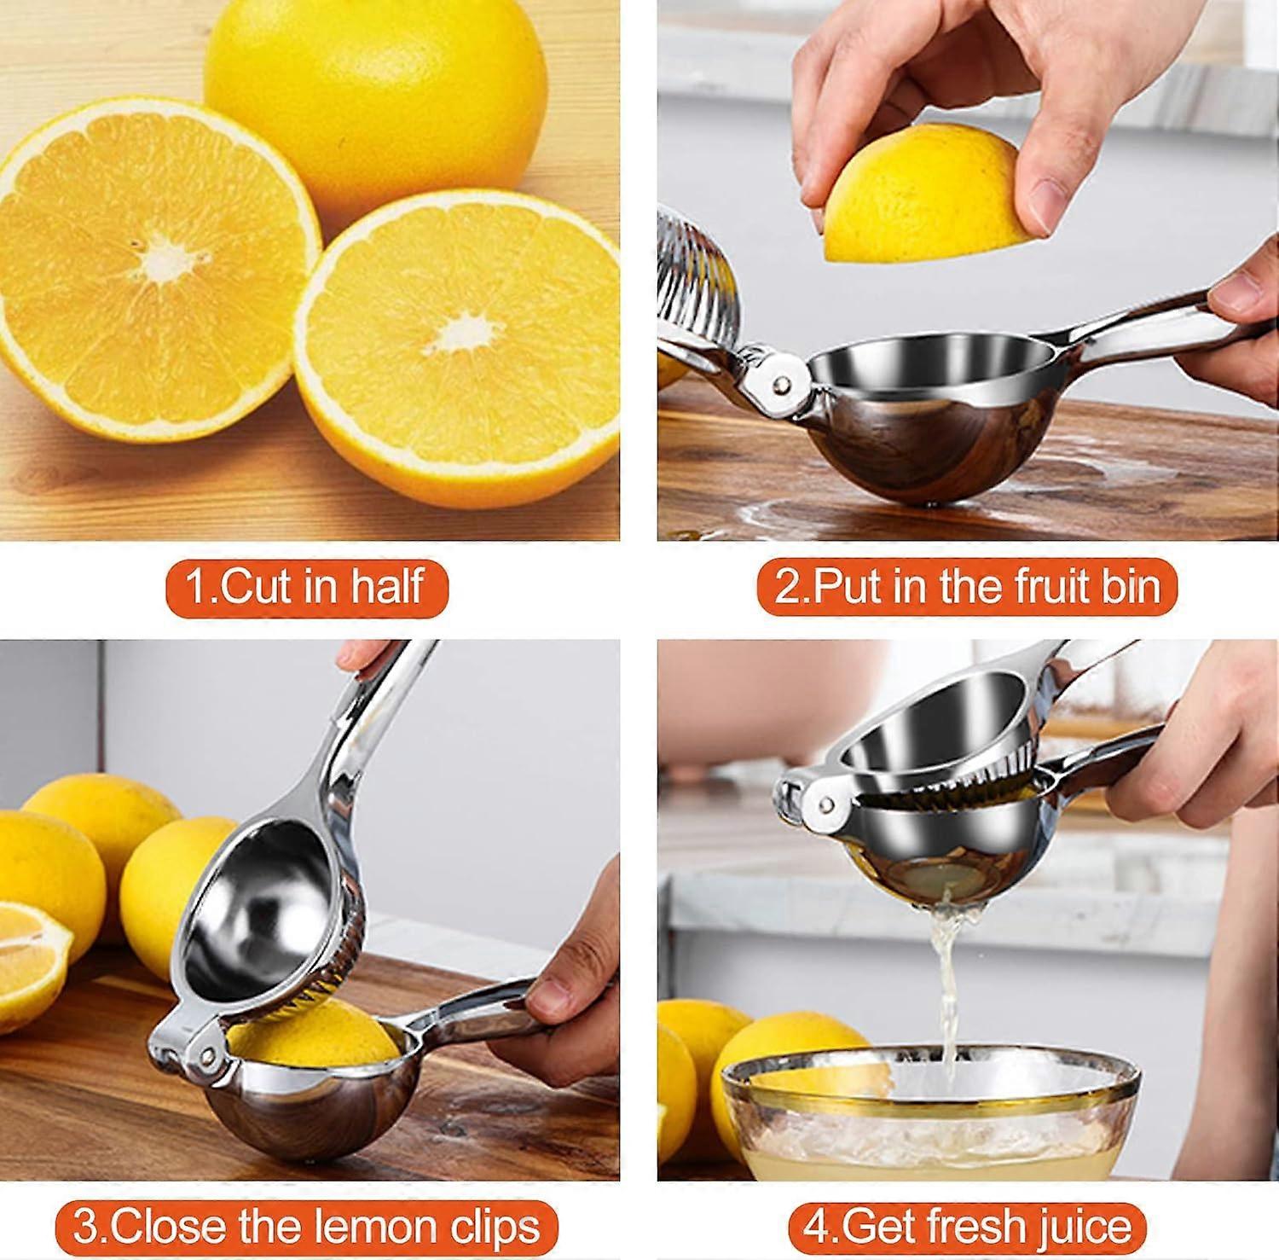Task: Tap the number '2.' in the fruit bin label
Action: (792, 588)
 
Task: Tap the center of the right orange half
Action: (460, 337)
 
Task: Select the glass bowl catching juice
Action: (929, 1118)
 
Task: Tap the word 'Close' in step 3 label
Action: (166, 1227)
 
